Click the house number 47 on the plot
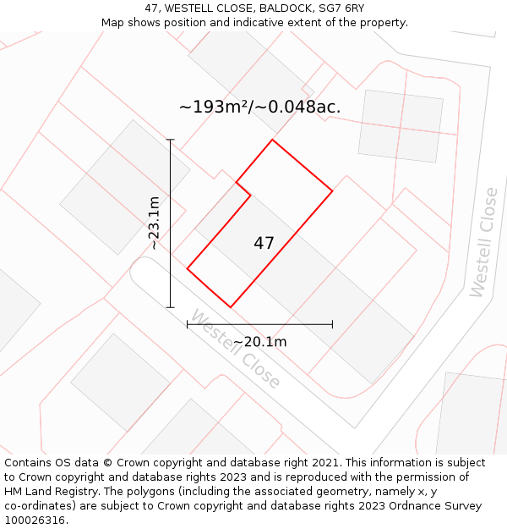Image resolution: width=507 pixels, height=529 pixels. tap(264, 243)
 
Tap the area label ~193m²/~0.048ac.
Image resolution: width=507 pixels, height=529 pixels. tap(260, 107)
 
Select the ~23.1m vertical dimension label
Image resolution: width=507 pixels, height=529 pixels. tap(154, 223)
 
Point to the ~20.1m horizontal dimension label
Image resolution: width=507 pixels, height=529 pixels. tap(259, 342)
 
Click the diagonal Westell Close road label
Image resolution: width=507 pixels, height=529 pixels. tap(235, 349)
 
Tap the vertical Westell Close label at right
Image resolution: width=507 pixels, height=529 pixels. tap(483, 242)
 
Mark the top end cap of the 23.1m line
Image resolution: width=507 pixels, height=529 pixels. tap(171, 140)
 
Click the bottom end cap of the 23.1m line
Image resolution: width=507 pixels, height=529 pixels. tap(171, 307)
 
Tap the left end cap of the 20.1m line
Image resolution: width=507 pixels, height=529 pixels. tap(187, 324)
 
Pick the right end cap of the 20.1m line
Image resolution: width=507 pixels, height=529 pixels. tap(332, 324)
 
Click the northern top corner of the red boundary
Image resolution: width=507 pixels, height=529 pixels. tap(272, 140)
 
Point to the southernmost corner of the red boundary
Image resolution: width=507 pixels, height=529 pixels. tap(230, 307)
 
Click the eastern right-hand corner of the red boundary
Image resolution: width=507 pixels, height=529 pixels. tap(332, 191)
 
